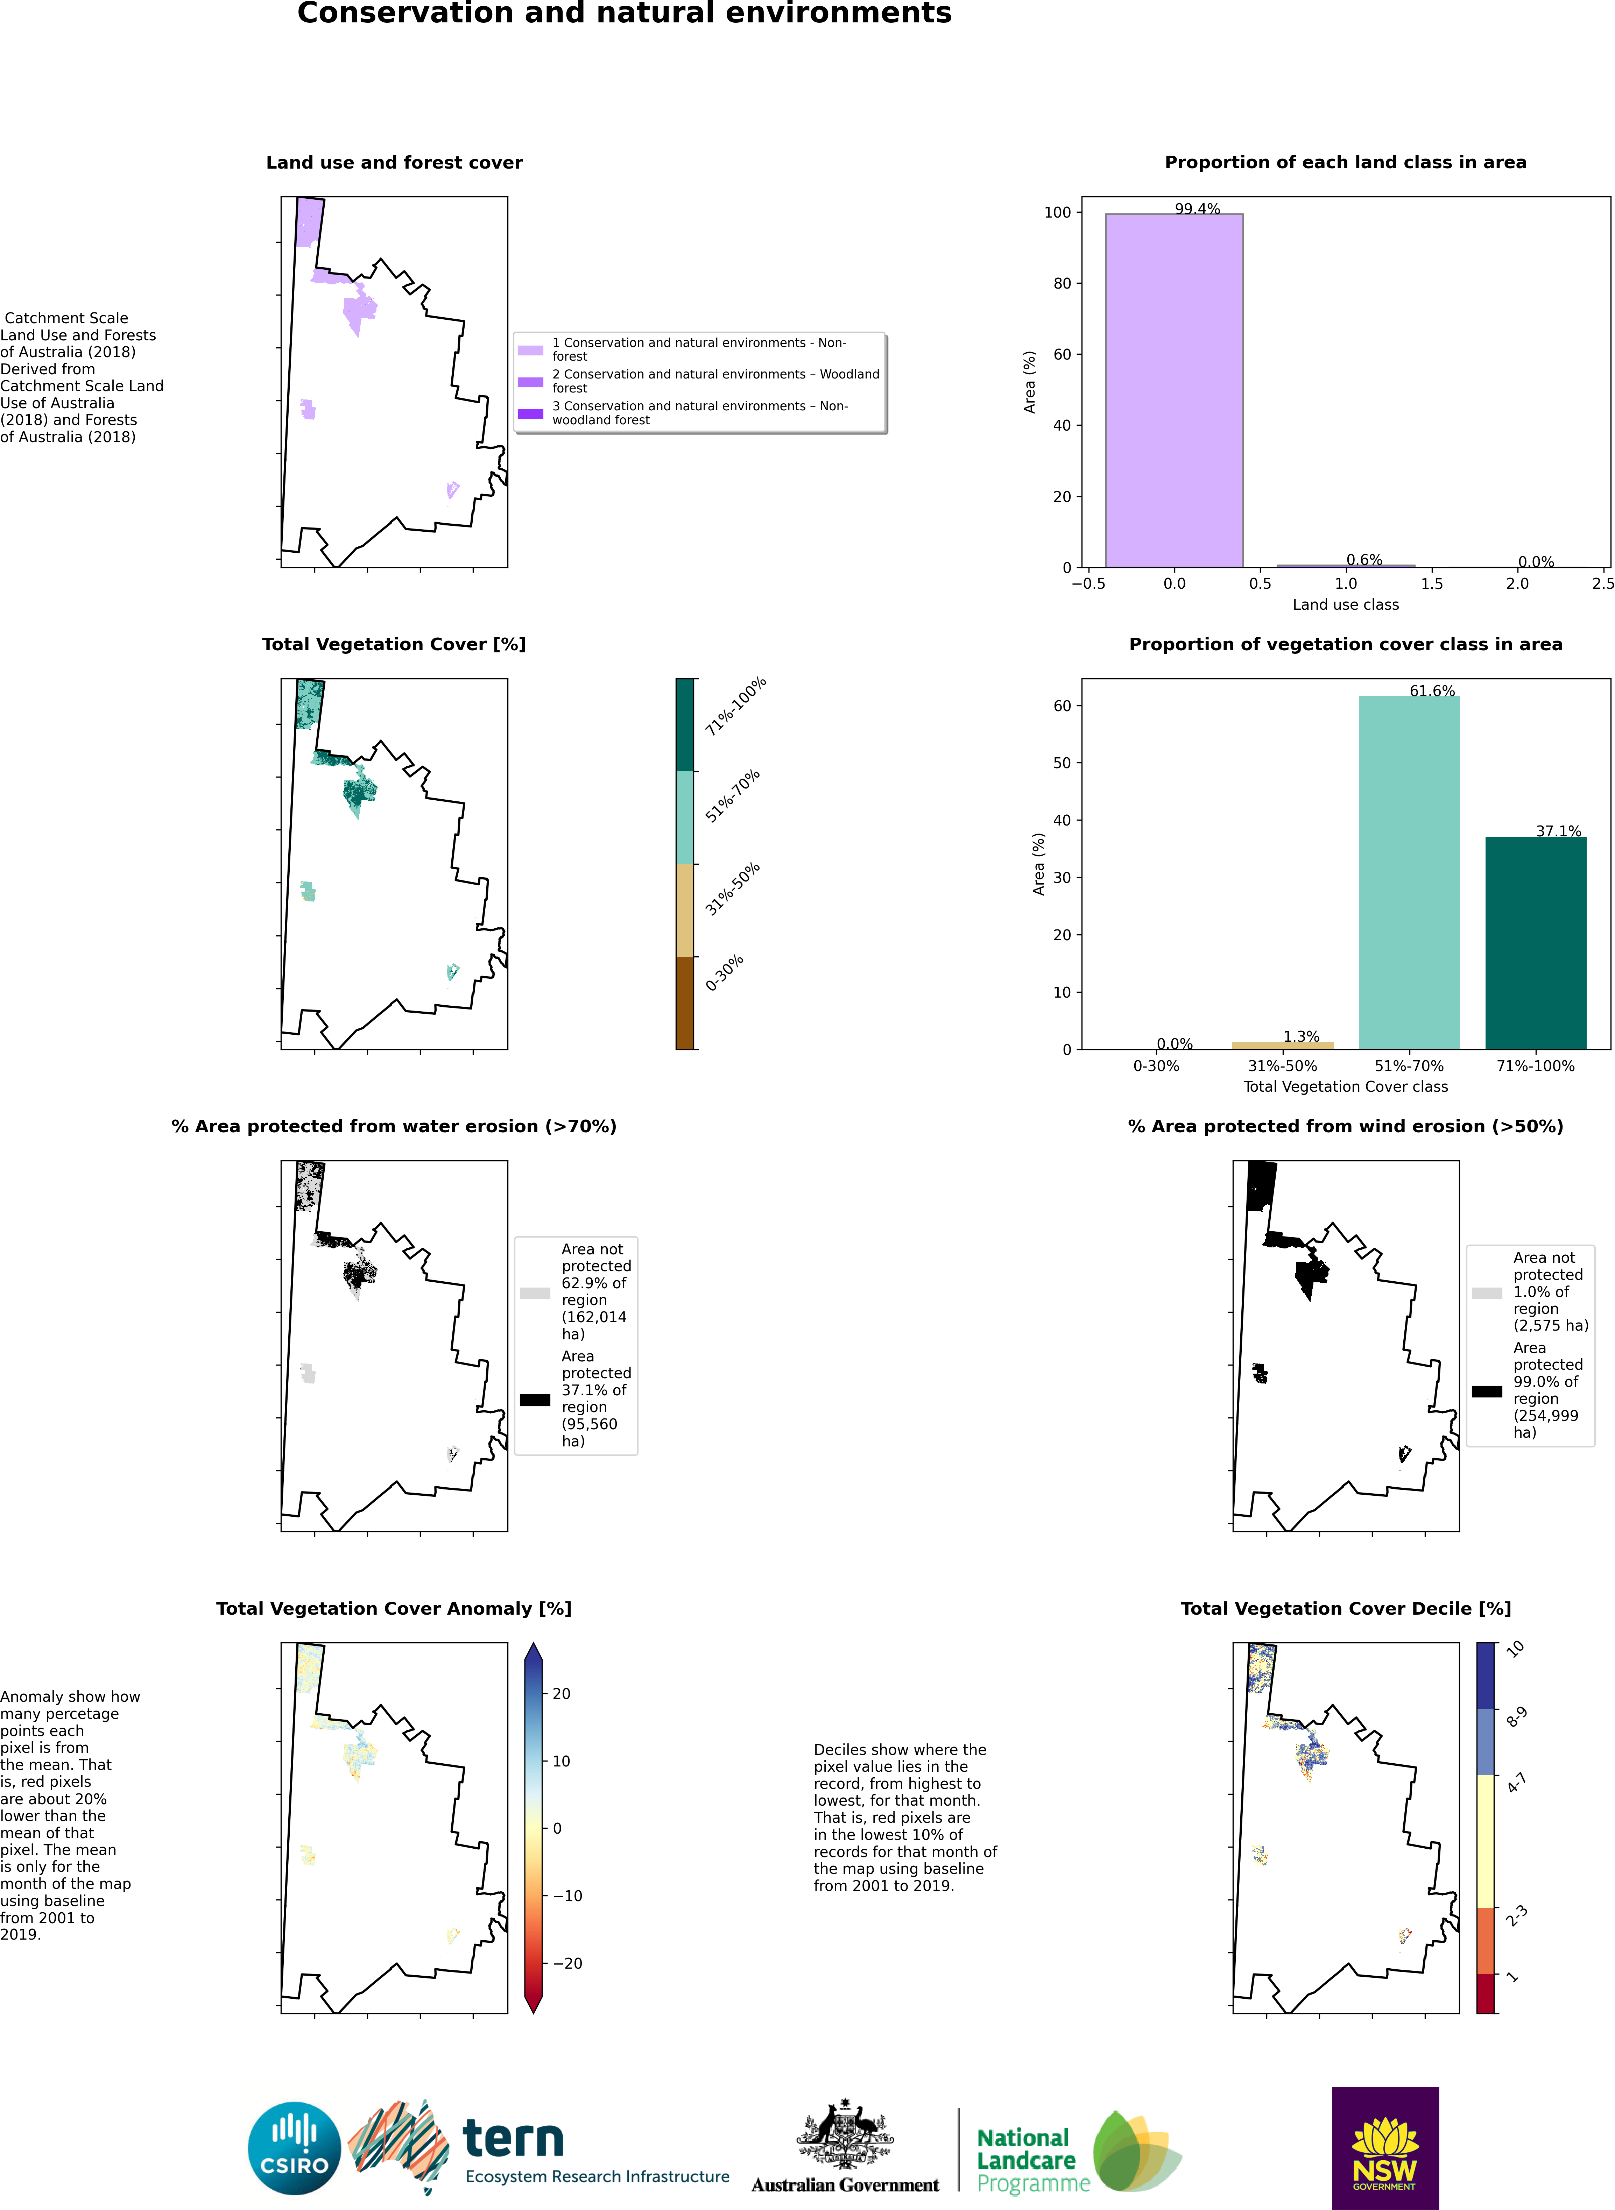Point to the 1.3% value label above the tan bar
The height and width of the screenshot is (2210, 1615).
pyautogui.click(x=1301, y=1036)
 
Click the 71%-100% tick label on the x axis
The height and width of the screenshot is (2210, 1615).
pyautogui.click(x=1535, y=1065)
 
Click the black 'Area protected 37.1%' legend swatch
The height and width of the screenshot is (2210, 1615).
pyautogui.click(x=535, y=1400)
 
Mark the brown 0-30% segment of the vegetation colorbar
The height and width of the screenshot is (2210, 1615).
pyautogui.click(x=684, y=1003)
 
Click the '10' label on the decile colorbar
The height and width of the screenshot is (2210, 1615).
pyautogui.click(x=1515, y=1649)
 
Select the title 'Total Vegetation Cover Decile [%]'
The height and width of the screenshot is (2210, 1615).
pyautogui.click(x=1345, y=1609)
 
